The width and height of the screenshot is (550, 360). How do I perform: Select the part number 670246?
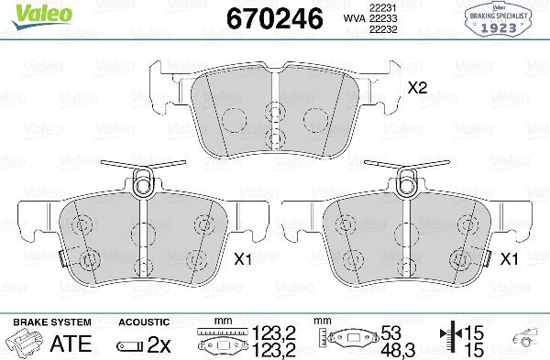coord(267,17)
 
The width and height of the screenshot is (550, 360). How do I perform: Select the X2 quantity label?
coord(417,89)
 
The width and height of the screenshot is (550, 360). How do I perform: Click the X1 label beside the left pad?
coord(242,259)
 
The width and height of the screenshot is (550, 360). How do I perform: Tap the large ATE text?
coord(71,344)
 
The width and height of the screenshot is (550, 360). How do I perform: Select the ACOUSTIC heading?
coord(144,322)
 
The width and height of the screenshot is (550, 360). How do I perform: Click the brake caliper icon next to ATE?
coord(25,344)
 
